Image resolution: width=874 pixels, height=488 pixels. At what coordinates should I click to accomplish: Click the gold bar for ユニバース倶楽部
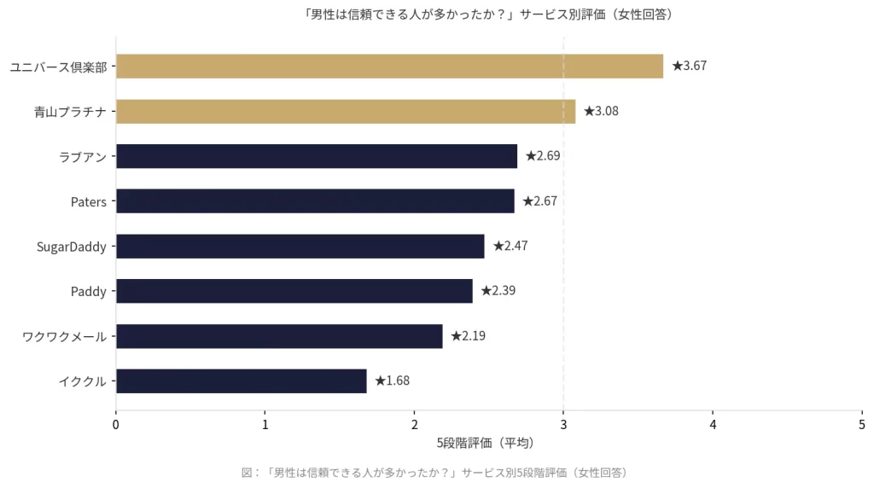[x=389, y=66]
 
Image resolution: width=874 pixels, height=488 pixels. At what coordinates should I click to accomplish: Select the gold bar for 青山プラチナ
[x=346, y=111]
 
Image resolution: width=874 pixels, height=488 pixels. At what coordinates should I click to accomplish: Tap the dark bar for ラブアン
[x=317, y=156]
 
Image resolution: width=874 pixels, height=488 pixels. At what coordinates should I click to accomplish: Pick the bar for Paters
[x=315, y=201]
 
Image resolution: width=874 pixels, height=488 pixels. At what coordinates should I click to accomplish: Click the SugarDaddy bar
[x=300, y=247]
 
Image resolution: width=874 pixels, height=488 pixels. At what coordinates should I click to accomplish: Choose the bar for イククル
[x=241, y=381]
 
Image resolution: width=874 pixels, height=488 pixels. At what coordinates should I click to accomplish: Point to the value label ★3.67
[x=690, y=66]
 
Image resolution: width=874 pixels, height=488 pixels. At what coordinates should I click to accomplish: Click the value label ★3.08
[x=602, y=111]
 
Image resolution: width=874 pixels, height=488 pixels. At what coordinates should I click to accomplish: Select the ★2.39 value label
[x=498, y=291]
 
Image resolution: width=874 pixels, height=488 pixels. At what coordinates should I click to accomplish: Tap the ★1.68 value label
[x=393, y=381]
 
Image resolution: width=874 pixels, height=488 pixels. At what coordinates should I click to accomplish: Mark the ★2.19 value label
[x=469, y=336]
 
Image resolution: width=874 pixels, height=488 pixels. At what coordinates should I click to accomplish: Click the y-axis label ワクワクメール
[x=65, y=337]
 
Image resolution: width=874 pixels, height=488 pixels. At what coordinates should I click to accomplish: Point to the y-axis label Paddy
[x=89, y=292]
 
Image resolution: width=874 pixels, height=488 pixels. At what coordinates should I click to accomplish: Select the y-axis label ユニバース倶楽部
[x=58, y=67]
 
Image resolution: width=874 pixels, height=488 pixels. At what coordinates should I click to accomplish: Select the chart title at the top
[x=488, y=14]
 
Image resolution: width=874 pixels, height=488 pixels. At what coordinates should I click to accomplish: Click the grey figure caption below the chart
[x=435, y=472]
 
